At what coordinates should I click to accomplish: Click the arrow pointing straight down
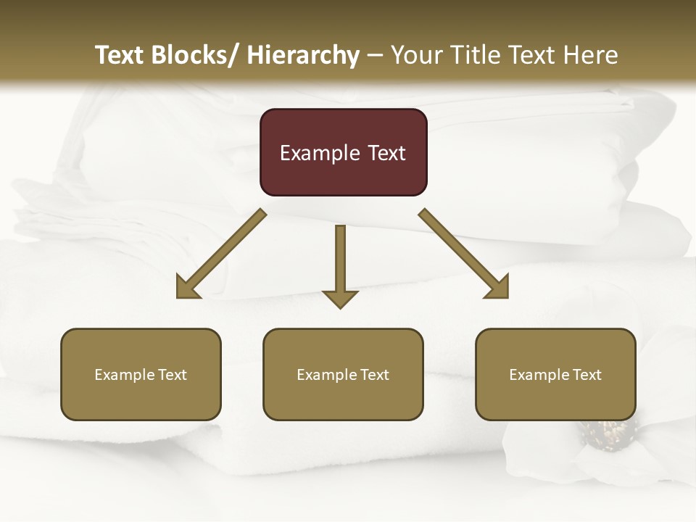[340, 261]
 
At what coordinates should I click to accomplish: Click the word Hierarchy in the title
[303, 55]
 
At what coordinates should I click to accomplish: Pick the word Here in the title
[592, 55]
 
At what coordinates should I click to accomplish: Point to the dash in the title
[375, 55]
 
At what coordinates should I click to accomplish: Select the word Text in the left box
[173, 375]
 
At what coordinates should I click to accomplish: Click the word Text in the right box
[587, 375]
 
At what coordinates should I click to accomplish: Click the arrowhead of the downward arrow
[340, 299]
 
